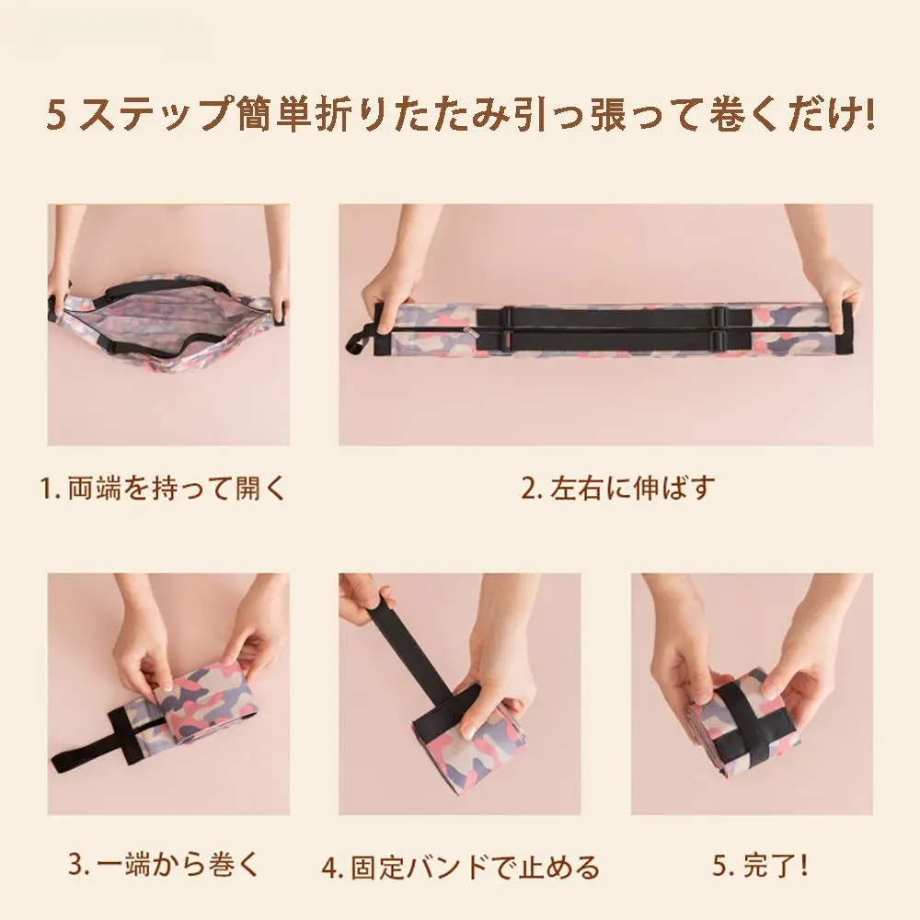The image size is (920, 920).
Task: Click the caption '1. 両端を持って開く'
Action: [162, 489]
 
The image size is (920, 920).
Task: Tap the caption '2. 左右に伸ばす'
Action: [618, 489]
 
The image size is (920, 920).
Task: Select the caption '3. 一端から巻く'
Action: [164, 864]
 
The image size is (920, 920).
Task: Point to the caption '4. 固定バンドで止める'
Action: [461, 868]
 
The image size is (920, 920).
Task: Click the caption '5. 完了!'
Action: [761, 864]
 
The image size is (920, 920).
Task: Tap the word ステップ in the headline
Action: [155, 114]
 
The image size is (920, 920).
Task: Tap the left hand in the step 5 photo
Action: [686, 657]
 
